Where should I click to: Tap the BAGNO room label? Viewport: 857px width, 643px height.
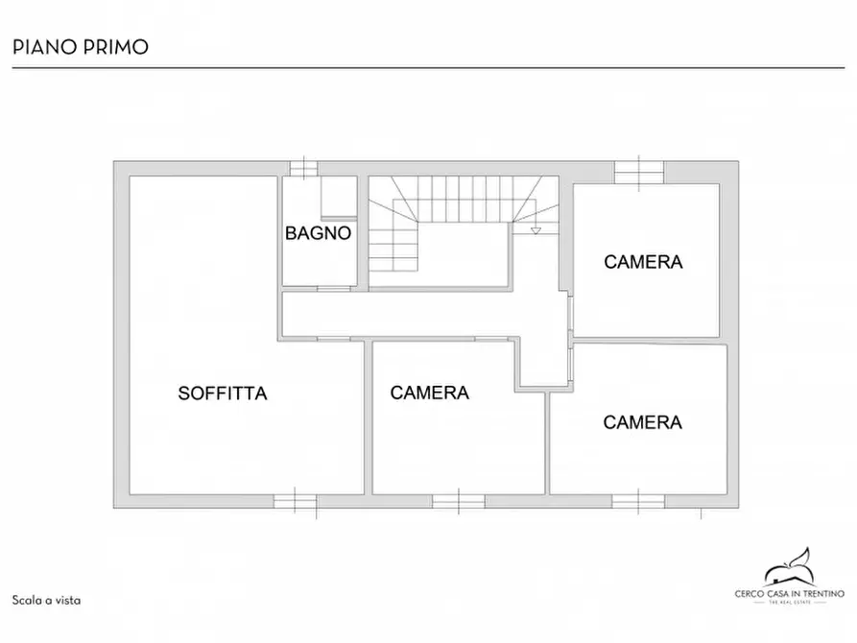click(319, 233)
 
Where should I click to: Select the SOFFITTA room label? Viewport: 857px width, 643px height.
click(222, 393)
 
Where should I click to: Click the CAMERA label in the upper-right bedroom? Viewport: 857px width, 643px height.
click(643, 261)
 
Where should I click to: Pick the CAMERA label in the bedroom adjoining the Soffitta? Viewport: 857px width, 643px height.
click(429, 393)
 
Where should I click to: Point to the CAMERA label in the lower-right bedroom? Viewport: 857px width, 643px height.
click(642, 422)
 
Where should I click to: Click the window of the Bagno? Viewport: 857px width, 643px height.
click(303, 169)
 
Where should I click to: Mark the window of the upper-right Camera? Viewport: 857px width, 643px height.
click(639, 171)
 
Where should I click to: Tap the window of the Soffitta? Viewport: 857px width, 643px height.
click(296, 500)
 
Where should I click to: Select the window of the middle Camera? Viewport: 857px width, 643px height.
click(458, 500)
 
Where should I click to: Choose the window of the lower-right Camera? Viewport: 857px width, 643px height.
click(638, 500)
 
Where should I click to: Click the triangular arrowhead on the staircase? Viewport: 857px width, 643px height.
click(536, 230)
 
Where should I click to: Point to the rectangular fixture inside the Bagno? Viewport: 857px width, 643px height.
click(338, 199)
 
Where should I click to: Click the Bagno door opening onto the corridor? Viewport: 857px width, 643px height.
click(334, 287)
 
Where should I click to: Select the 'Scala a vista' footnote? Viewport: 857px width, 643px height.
click(46, 600)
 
